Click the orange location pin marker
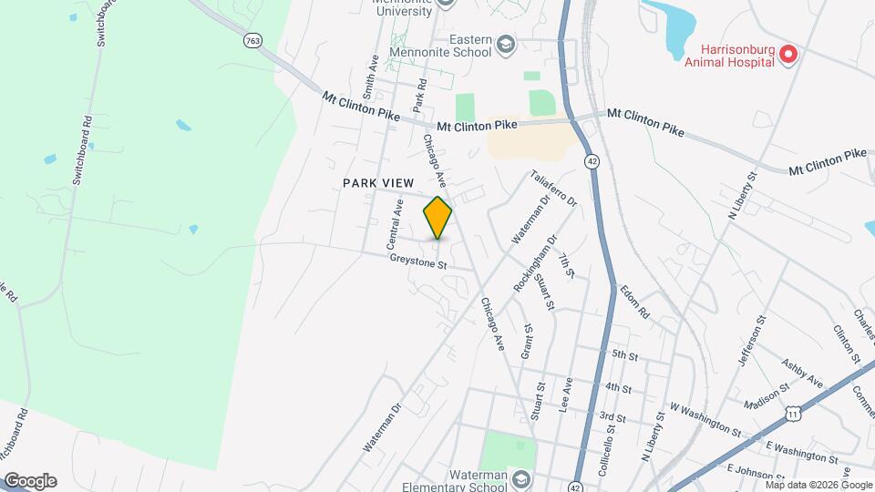[437, 217]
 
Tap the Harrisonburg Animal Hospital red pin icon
[789, 55]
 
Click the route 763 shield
[253, 41]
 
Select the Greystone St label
[418, 263]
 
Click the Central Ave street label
[395, 225]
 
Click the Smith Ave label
[370, 77]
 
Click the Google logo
[30, 480]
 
